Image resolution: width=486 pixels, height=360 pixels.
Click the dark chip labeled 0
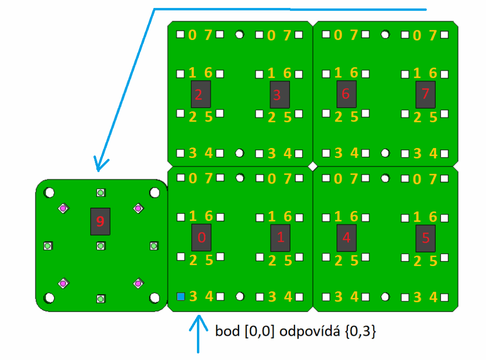(x=202, y=238)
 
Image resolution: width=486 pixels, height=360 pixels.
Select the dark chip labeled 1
(x=280, y=238)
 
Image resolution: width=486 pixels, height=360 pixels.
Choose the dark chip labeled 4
(x=346, y=238)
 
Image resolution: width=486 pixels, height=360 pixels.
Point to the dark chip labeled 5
(x=426, y=238)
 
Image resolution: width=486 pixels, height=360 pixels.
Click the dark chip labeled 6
(x=346, y=94)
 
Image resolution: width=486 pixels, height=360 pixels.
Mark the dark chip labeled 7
(x=425, y=94)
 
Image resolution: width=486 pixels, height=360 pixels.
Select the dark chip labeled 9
(x=100, y=221)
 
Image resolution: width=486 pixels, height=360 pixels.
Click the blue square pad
(x=180, y=297)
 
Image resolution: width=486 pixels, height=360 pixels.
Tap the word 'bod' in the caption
(x=226, y=332)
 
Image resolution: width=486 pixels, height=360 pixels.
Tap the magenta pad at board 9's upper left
(x=63, y=208)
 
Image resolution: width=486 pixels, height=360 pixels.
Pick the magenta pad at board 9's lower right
(x=138, y=283)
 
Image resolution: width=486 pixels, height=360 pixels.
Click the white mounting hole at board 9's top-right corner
(x=154, y=193)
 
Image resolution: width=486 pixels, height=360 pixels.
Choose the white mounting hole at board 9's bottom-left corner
(x=49, y=298)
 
